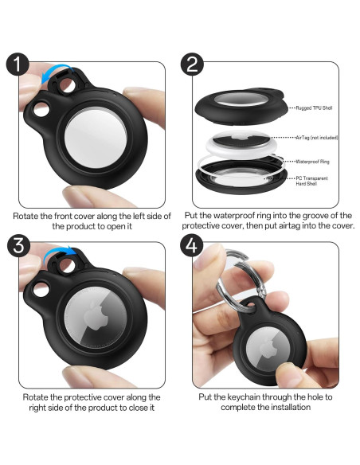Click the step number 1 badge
point(18,64)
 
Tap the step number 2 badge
point(192,64)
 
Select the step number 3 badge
point(18,246)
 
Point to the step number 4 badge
point(192,246)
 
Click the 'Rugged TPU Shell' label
point(314,108)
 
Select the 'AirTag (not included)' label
point(317,138)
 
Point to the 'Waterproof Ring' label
point(312,162)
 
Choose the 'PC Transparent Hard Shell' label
point(311,181)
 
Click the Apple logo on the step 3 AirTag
point(96,316)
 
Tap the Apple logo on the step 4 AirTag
point(268,347)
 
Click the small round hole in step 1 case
point(41,109)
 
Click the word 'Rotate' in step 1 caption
point(25,216)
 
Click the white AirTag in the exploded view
point(241,144)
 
